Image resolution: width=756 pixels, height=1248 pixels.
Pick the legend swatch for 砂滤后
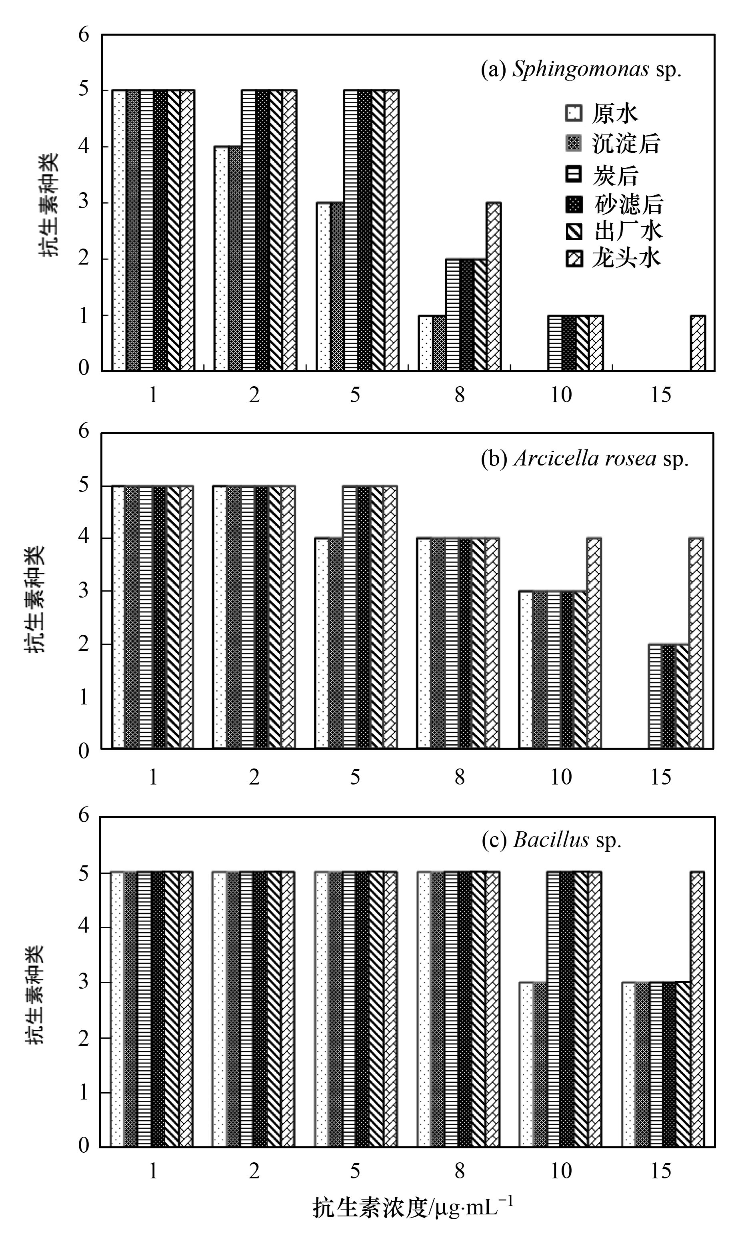[573, 205]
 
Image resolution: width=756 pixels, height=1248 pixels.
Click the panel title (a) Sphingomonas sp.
[581, 69]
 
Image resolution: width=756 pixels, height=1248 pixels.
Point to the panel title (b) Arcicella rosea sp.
[584, 459]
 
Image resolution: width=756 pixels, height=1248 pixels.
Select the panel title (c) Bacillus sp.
[552, 840]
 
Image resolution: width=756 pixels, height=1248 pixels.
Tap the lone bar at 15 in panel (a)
[698, 343]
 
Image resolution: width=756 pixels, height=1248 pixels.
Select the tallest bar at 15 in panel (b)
[696, 643]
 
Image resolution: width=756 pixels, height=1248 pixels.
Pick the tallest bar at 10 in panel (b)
[594, 643]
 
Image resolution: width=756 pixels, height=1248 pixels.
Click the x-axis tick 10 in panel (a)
[561, 395]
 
